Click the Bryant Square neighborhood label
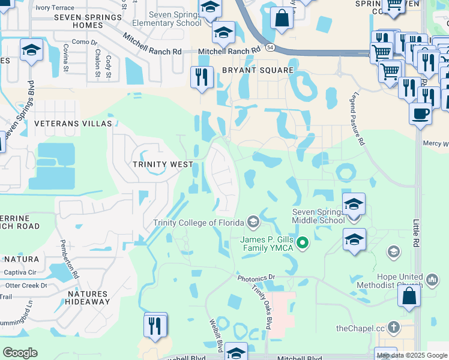(x=258, y=70)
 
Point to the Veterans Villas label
(x=74, y=123)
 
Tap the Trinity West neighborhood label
(x=163, y=164)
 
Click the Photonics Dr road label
(x=256, y=278)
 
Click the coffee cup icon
(x=421, y=113)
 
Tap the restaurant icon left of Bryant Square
(x=202, y=77)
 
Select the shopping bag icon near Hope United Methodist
(x=409, y=296)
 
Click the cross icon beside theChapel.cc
(x=393, y=327)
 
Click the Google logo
(x=20, y=352)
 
